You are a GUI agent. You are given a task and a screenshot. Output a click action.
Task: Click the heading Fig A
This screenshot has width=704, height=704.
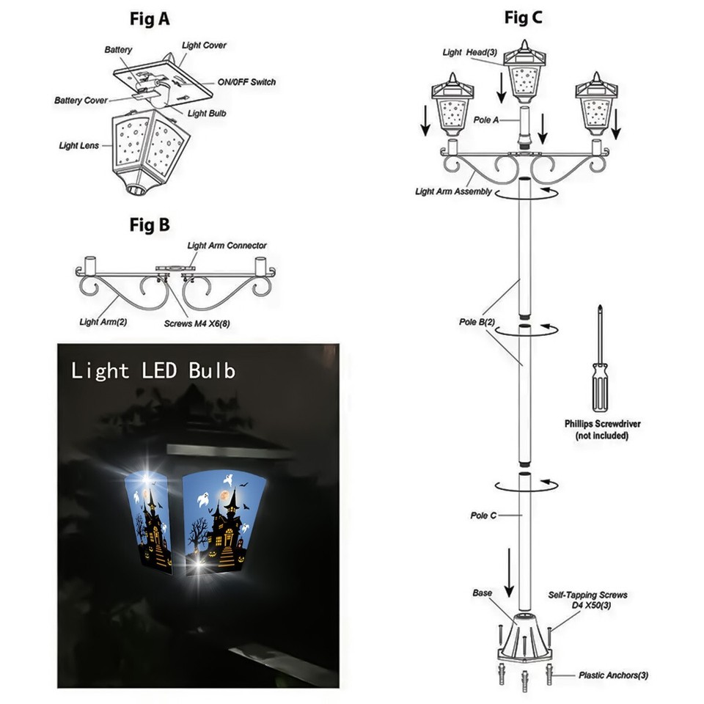(x=150, y=19)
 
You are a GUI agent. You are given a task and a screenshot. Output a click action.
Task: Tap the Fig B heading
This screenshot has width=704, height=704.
(x=150, y=224)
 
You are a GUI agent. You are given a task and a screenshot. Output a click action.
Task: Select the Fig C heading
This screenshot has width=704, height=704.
(x=523, y=19)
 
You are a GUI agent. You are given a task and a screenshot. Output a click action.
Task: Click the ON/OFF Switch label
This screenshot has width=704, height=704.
(x=246, y=82)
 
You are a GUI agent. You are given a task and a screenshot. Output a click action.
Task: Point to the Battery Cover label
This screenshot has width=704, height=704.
(x=81, y=100)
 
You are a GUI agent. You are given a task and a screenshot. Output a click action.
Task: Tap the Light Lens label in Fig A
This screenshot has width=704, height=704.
(x=78, y=146)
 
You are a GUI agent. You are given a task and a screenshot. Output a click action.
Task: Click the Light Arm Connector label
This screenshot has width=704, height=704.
(x=227, y=246)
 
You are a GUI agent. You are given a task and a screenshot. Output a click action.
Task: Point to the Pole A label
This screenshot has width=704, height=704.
(x=486, y=120)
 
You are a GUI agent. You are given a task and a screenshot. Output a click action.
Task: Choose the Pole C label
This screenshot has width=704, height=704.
(x=483, y=516)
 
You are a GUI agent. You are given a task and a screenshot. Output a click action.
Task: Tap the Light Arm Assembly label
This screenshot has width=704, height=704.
(x=453, y=192)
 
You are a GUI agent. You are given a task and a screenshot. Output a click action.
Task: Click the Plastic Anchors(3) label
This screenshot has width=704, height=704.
(x=613, y=675)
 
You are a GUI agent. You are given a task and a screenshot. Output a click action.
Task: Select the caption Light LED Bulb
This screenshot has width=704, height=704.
(x=153, y=370)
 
